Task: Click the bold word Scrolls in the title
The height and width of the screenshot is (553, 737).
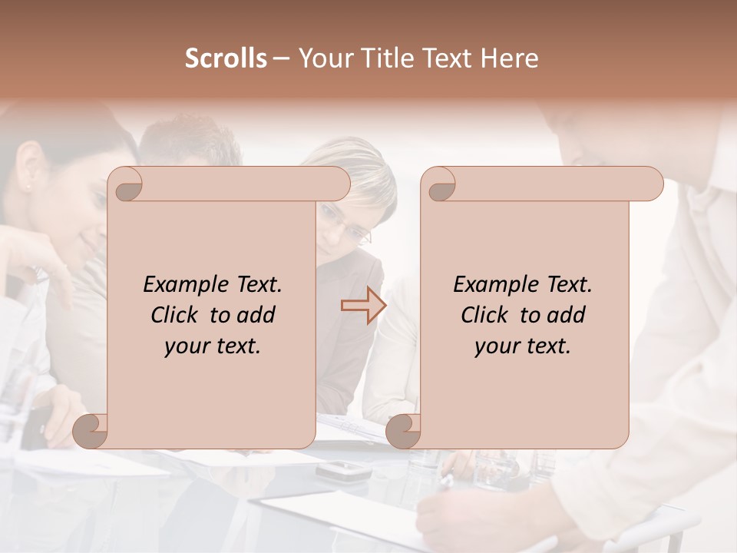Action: click(226, 58)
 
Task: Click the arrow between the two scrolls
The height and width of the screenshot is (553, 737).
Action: click(363, 306)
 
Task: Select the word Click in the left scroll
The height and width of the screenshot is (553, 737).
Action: click(174, 315)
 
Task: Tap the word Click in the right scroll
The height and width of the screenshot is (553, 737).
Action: click(484, 315)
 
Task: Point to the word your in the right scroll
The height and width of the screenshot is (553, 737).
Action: click(496, 346)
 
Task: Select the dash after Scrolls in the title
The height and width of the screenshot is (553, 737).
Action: click(281, 59)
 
